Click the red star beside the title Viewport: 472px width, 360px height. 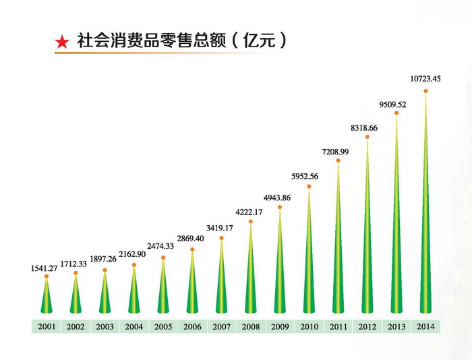pos(61,42)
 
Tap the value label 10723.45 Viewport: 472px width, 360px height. pos(425,79)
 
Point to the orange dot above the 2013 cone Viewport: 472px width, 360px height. pos(396,113)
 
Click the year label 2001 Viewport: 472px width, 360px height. pos(47,327)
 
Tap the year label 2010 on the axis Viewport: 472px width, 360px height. pos(309,327)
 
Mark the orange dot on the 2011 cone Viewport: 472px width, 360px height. pos(338,161)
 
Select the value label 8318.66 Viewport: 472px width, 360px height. pos(367,127)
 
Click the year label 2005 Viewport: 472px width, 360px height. pos(163,327)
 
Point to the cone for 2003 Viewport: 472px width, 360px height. pos(105,297)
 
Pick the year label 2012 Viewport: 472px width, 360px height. pos(367,327)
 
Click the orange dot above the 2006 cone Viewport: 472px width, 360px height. pos(192,249)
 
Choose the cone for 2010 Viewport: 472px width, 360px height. pos(309,263)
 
